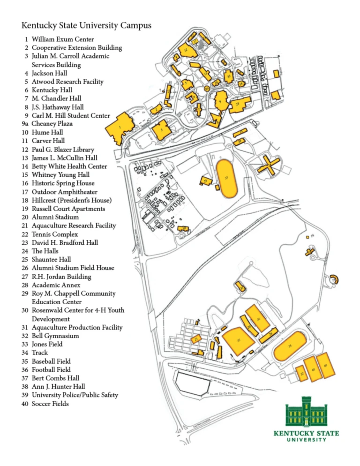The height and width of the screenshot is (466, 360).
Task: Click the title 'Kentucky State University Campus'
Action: click(86, 25)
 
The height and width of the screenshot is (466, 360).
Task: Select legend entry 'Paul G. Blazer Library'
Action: click(63, 150)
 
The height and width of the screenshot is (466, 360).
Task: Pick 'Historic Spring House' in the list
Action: click(63, 183)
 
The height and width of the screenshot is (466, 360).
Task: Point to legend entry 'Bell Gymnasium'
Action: click(55, 336)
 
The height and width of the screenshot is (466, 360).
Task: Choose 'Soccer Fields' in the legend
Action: click(50, 404)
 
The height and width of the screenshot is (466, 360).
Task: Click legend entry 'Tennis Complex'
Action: click(55, 234)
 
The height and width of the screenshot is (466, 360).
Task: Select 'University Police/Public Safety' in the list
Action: click(75, 395)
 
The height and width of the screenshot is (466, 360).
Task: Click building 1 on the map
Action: click(120, 128)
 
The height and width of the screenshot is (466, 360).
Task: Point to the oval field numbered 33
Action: click(227, 178)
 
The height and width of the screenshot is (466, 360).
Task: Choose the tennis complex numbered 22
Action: click(302, 373)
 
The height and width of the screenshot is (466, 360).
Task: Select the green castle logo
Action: click(306, 413)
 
